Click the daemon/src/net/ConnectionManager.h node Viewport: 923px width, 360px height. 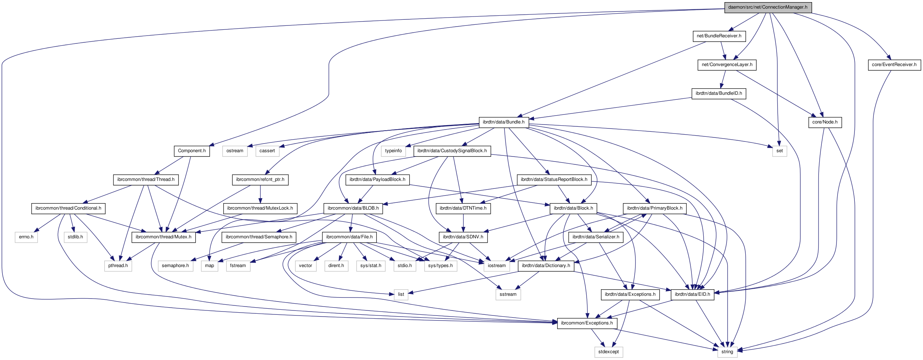click(768, 7)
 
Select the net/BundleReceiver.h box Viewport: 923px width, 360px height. click(719, 36)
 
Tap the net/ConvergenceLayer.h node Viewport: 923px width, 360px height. click(727, 65)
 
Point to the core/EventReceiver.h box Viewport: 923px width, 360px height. click(894, 65)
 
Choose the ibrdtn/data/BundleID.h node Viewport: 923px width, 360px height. click(718, 93)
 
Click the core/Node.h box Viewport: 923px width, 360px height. click(825, 122)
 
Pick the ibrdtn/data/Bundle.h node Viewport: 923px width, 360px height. click(503, 122)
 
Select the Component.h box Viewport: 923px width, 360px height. click(192, 151)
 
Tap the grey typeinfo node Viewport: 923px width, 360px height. click(393, 151)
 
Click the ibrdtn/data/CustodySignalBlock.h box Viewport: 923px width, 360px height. click(452, 151)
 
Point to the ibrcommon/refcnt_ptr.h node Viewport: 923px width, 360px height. click(260, 179)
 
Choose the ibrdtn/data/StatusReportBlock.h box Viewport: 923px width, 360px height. click(554, 179)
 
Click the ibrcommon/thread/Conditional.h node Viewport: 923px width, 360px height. click(68, 208)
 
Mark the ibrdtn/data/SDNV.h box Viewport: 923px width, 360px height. click(463, 237)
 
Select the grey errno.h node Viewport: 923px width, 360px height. click(26, 237)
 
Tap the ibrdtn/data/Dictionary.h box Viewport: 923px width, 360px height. click(546, 266)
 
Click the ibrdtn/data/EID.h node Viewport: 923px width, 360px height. click(692, 294)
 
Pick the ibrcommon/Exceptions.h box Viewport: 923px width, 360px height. click(587, 323)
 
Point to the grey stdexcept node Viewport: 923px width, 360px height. click(608, 352)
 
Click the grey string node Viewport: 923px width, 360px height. click(727, 352)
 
